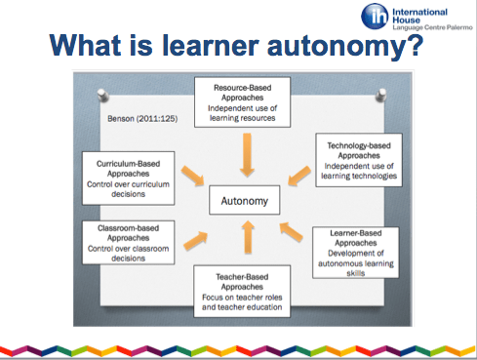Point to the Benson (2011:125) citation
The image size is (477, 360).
[x=135, y=121]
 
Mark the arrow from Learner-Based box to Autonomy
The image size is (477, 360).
[x=291, y=231]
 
